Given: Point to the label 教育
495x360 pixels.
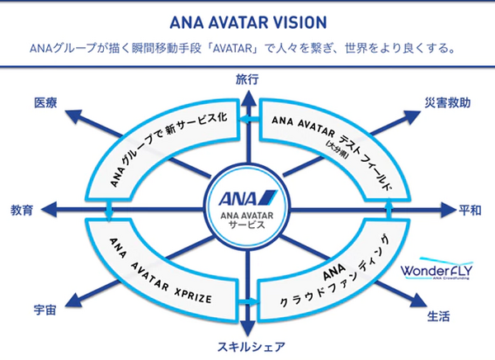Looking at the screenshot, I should coord(22,210).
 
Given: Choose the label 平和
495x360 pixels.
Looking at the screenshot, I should coord(470,210).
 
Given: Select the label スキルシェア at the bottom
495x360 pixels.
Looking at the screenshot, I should coord(247,348).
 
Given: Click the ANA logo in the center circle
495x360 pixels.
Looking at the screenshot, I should coord(247,198).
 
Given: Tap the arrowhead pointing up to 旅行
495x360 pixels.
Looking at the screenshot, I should coord(247,93).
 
